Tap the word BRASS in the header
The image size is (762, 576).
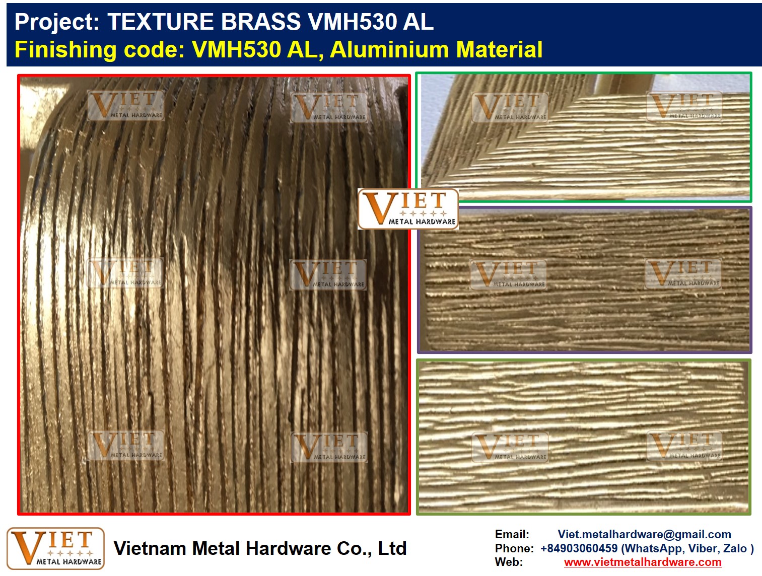pos(261,22)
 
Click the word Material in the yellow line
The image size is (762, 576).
pos(499,49)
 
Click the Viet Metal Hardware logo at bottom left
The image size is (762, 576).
pos(55,548)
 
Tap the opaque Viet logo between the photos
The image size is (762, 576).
pos(408,209)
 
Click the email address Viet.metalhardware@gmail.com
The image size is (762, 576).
pos(644,534)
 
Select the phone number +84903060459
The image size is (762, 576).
pos(579,548)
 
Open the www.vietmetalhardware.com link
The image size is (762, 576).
pos(643,562)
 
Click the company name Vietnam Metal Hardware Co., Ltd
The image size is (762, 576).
pos(260,548)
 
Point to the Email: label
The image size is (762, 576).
pos(512,534)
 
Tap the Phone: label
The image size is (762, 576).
pos(514,548)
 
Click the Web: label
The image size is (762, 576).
pos(509,562)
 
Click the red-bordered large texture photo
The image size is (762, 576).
pos(214,295)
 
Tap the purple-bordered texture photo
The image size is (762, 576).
pos(585,279)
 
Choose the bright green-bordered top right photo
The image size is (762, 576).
pos(584,137)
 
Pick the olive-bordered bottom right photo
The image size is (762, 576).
pos(584,437)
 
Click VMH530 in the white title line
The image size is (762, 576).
pos(352,22)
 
